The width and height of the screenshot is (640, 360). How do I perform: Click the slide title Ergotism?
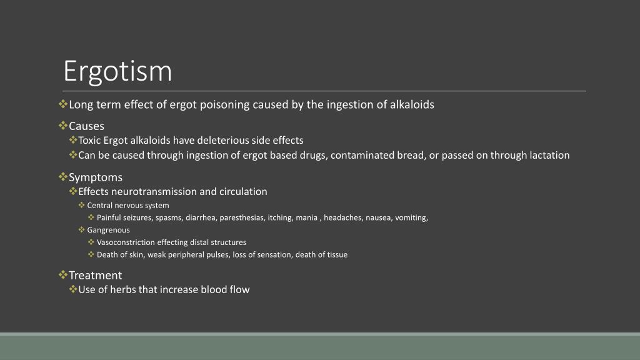[x=117, y=71]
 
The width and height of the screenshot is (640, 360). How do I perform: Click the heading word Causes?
[x=86, y=126]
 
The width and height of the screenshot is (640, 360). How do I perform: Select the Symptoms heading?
[x=96, y=177]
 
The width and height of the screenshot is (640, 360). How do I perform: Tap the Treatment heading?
[x=96, y=275]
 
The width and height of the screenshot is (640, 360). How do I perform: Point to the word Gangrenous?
[x=109, y=230]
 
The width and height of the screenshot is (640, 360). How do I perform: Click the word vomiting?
[x=411, y=218]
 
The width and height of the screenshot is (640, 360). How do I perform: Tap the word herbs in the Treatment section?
[x=123, y=289]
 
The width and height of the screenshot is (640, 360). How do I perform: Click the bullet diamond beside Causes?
[x=63, y=125]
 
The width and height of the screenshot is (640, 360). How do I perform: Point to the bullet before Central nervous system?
[x=82, y=205]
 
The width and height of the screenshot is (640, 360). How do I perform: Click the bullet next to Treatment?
[x=63, y=275]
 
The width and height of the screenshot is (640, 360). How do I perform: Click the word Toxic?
[x=89, y=141]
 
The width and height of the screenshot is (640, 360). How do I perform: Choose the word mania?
[x=306, y=218]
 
